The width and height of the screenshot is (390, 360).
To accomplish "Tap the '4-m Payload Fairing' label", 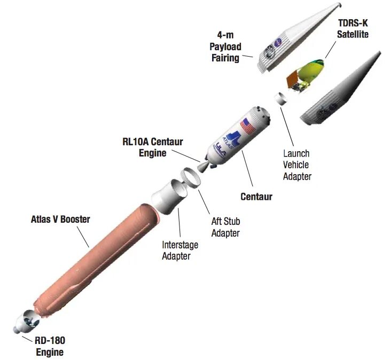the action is pos(224,47).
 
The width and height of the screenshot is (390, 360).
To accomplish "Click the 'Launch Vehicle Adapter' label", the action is pos(297,165).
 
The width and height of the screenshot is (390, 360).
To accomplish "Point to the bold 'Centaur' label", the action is pos(256,197).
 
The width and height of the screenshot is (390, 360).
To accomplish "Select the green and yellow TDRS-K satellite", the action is pos(309,73).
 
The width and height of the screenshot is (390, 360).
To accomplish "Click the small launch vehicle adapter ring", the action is pos(279,99).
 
